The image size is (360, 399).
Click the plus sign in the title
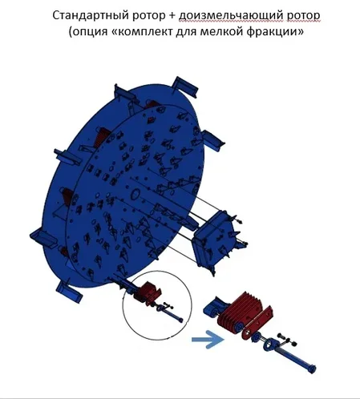point(172,16)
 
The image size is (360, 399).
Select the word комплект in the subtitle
point(144,32)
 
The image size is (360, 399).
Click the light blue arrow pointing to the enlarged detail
point(208,340)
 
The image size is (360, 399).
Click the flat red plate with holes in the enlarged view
point(257,323)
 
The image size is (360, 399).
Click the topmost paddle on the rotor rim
point(185,87)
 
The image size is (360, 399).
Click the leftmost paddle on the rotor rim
point(43,238)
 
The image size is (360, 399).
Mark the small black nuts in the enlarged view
point(287,339)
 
